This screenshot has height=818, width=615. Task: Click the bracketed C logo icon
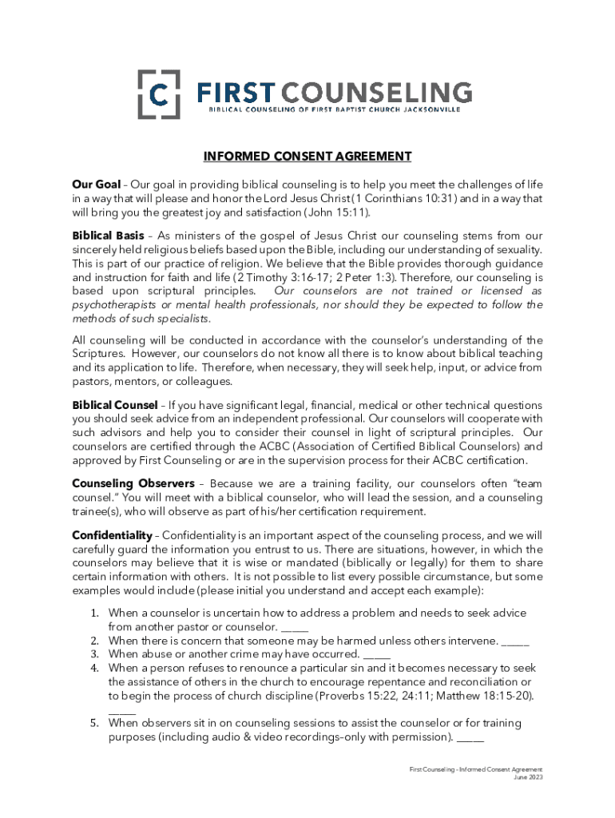tap(159, 94)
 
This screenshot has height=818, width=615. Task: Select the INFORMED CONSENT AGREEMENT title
tap(307, 156)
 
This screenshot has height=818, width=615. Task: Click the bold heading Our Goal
tap(97, 185)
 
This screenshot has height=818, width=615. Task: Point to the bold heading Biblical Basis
tap(108, 236)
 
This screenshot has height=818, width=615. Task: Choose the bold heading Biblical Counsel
tap(114, 405)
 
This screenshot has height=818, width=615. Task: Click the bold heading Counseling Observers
tap(133, 483)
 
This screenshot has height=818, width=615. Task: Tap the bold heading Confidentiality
tap(112, 534)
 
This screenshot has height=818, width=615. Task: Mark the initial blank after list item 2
tap(515, 641)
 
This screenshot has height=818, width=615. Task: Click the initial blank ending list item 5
tap(471, 737)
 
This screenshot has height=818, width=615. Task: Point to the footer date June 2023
tap(527, 776)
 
